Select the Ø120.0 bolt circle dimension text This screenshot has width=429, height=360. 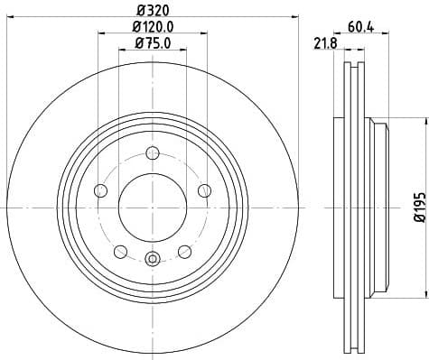coord(153,27)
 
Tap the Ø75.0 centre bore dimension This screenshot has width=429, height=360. coord(153,42)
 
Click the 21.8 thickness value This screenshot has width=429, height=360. coord(321,43)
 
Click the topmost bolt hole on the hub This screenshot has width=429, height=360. coord(152,152)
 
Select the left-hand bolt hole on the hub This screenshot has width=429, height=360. coord(100,190)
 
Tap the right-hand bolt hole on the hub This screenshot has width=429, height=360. coord(204,189)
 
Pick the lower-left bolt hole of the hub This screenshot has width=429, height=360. coord(120,251)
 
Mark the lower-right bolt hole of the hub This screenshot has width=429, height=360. coord(184,251)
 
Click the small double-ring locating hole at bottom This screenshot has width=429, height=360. coord(152,261)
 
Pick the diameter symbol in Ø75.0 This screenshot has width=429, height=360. coord(137,42)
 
